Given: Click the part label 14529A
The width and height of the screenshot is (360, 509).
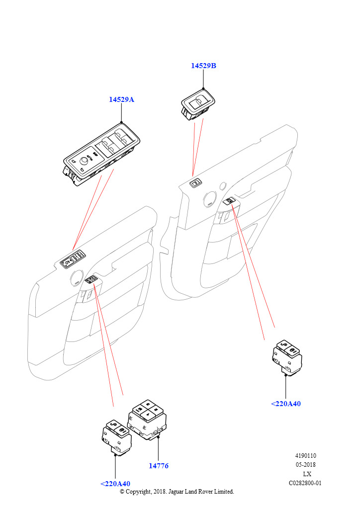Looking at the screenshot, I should click(x=122, y=99).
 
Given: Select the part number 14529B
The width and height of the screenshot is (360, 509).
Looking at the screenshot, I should click(x=203, y=66).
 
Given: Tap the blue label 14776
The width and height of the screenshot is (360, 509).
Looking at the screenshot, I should click(x=158, y=466).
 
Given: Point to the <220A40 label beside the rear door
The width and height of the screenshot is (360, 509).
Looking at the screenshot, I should click(x=286, y=404).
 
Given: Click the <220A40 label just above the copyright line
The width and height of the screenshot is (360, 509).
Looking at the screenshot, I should click(x=115, y=484).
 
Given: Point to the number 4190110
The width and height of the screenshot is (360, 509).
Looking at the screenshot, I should click(x=306, y=456).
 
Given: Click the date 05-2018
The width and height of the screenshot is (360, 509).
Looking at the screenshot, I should click(x=306, y=465).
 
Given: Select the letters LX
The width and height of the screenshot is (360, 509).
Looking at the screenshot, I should click(x=307, y=474).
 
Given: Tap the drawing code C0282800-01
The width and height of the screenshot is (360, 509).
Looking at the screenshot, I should click(x=306, y=483).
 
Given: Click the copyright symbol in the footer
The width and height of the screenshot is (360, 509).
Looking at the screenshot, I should click(x=123, y=491).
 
